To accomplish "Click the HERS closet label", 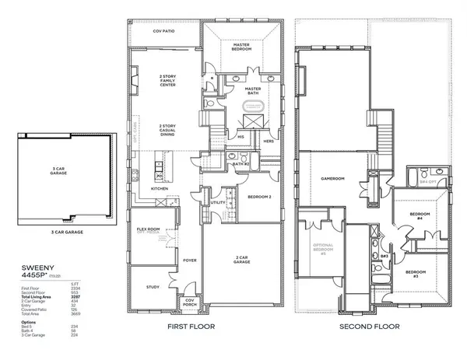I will (269, 142).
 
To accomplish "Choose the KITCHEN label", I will (160, 188).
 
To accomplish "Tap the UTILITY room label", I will (217, 202).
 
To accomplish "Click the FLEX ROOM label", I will (148, 229).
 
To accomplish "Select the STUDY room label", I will (152, 286).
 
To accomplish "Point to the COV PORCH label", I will (189, 305).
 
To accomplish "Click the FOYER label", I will (188, 261).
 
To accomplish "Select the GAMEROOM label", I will (333, 178).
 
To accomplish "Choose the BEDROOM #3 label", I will (416, 273).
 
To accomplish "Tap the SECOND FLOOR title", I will (370, 327).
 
